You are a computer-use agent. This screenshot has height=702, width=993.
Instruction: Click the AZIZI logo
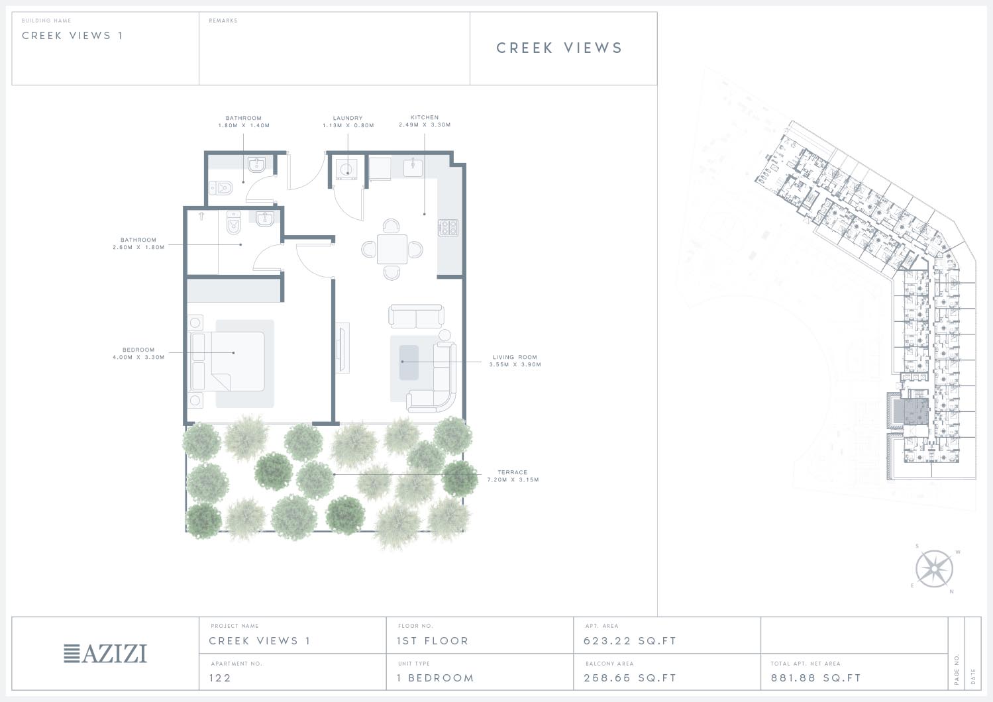click(x=105, y=653)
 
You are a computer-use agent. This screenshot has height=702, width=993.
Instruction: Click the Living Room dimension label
click(x=515, y=361)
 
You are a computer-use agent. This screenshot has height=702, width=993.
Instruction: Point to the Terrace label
click(x=513, y=476)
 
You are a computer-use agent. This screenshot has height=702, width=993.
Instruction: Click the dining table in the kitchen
click(x=392, y=249)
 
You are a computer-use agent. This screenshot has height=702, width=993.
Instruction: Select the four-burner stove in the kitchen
click(x=448, y=227)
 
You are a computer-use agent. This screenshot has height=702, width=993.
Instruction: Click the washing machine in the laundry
click(x=346, y=170)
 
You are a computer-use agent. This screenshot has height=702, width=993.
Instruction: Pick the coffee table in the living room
click(x=409, y=362)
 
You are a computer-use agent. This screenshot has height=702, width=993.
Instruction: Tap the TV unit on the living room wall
click(x=342, y=348)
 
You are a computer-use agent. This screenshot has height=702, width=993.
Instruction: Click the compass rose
click(x=934, y=569)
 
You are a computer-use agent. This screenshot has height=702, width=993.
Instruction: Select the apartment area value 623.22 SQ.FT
click(x=630, y=641)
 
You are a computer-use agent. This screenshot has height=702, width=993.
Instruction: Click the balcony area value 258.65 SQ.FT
click(x=630, y=678)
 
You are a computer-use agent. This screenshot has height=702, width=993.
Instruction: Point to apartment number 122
click(x=221, y=678)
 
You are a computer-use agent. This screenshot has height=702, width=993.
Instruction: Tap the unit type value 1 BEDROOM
click(x=435, y=678)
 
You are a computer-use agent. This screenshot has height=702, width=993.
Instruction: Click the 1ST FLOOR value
click(x=433, y=641)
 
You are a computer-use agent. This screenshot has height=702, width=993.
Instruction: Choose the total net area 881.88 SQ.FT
click(x=815, y=678)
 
